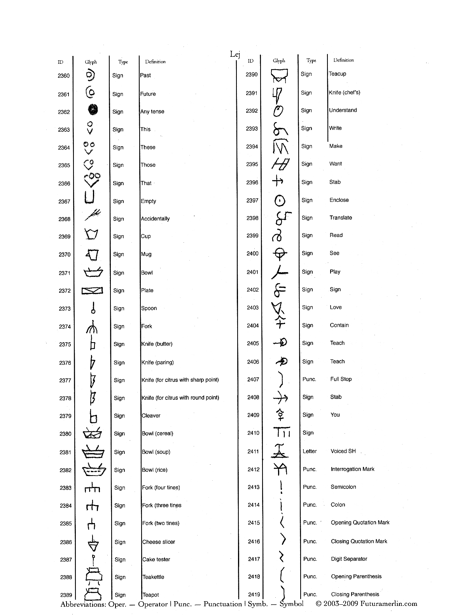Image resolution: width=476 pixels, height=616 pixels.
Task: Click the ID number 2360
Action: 64,76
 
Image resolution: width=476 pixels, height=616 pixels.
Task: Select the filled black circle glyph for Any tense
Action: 93,110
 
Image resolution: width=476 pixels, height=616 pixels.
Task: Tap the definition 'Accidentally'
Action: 155,219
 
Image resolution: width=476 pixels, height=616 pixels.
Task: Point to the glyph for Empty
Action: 90,197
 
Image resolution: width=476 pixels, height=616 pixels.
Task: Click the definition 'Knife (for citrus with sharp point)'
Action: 180,380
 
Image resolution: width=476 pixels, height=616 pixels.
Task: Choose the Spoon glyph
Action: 93,308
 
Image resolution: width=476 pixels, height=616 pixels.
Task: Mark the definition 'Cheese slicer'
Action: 159,542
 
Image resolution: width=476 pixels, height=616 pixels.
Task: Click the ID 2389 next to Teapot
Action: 66,595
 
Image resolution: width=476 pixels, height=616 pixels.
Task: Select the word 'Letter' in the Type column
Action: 310,451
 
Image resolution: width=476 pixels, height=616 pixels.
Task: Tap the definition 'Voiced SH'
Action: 343,451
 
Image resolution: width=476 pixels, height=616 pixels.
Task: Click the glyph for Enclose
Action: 280,201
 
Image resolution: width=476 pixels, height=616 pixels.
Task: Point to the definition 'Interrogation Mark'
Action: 352,469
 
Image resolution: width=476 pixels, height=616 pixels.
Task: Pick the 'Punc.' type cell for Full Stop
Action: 309,379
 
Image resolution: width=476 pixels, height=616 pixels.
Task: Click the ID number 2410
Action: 253,433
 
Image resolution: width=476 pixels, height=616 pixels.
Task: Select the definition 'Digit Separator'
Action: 349,559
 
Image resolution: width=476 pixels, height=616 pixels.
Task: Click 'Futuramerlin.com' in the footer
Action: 388,604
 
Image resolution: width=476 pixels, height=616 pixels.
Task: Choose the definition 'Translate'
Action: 341,218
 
